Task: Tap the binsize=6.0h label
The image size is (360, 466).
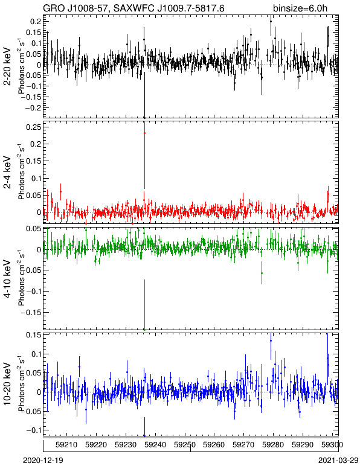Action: tap(300, 8)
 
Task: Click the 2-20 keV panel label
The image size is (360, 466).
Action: tap(7, 66)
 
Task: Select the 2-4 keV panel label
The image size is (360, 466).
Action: tap(7, 173)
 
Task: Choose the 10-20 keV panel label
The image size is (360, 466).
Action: tap(7, 384)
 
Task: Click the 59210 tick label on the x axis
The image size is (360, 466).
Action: tap(66, 445)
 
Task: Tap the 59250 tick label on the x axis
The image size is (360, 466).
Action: tap(185, 445)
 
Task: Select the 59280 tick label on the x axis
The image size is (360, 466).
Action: tap(273, 445)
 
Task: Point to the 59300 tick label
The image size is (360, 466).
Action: tap(332, 445)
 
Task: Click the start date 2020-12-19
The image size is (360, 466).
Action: tap(43, 460)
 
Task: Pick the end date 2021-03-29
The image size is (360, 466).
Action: tap(338, 460)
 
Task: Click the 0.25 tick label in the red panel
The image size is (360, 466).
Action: tap(34, 127)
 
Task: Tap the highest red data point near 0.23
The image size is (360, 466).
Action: tap(144, 133)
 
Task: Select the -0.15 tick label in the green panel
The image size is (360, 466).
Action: tap(32, 312)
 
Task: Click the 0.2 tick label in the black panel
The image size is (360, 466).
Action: tap(36, 21)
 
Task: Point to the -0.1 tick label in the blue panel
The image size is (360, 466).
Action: tap(34, 430)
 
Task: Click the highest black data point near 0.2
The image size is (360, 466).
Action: tap(271, 21)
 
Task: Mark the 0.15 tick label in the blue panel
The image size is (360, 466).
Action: tap(34, 335)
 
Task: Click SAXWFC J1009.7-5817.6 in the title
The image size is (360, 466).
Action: tap(170, 8)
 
